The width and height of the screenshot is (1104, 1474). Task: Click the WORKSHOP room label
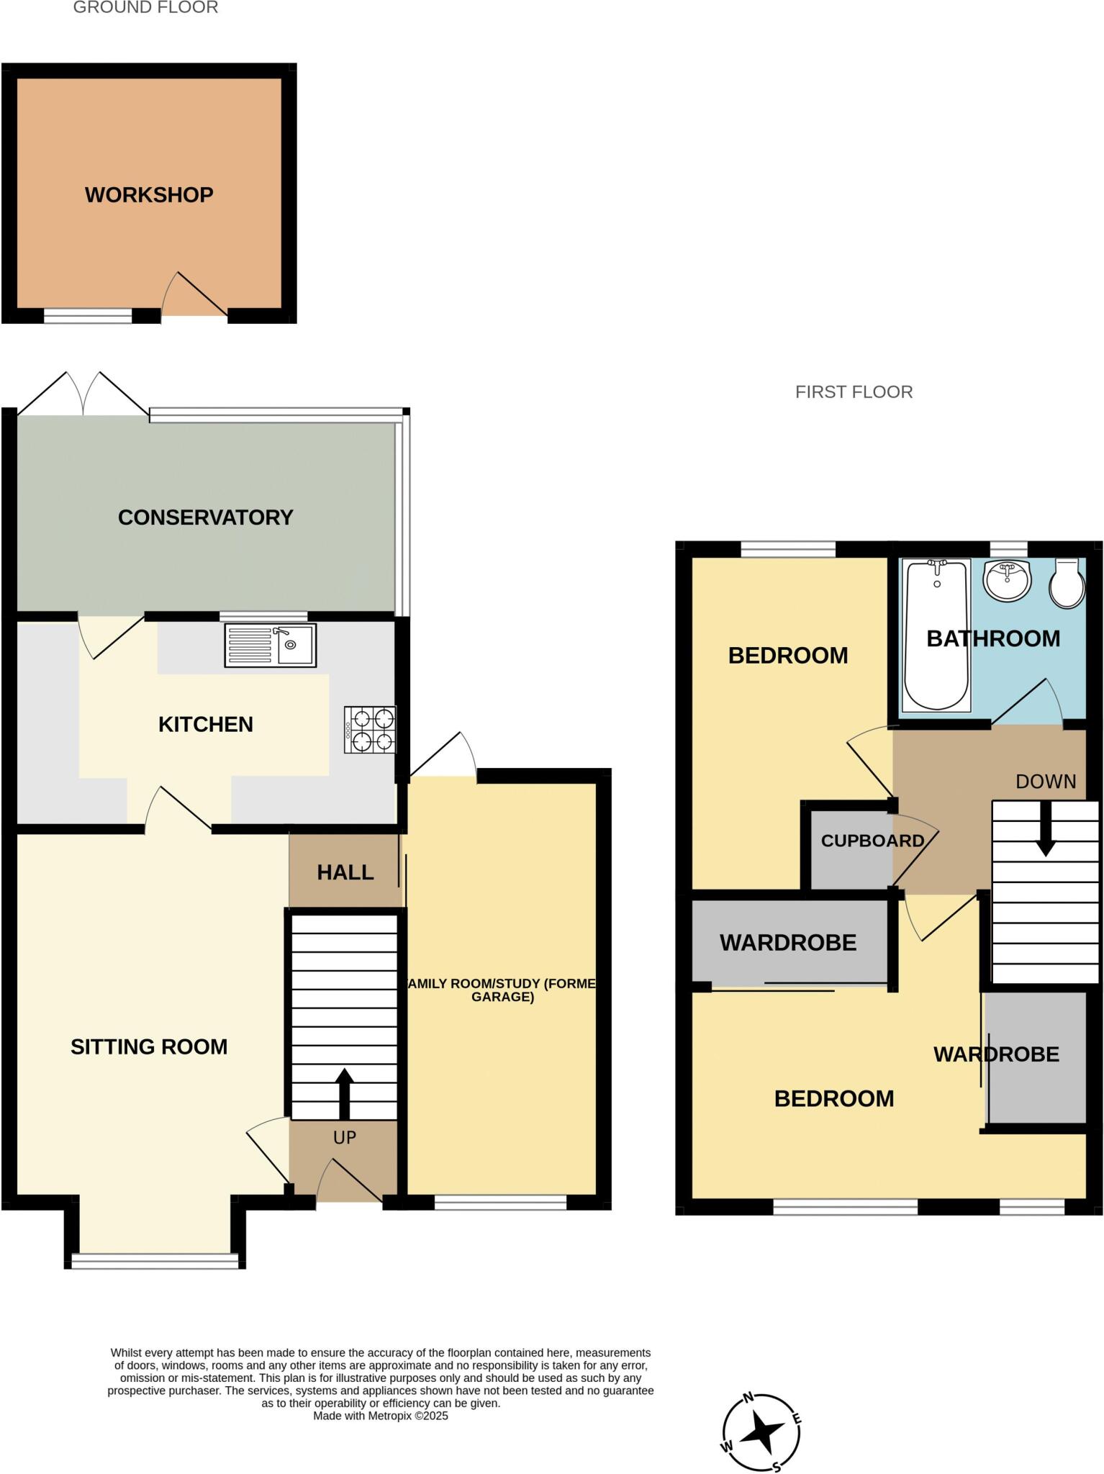click(x=149, y=195)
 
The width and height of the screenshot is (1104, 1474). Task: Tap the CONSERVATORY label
click(x=205, y=517)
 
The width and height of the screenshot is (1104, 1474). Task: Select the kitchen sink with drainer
click(x=270, y=645)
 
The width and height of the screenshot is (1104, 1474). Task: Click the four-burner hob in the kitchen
click(x=370, y=730)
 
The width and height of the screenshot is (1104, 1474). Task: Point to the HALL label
click(x=345, y=872)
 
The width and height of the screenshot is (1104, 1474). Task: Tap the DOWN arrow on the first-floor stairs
click(x=1045, y=828)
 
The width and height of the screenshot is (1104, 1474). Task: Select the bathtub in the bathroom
click(x=936, y=634)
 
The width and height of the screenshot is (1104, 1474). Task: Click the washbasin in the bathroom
click(x=1007, y=580)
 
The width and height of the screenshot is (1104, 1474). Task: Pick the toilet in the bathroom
click(x=1068, y=583)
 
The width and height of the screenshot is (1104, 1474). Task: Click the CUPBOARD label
click(x=872, y=841)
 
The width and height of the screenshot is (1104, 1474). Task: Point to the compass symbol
click(x=761, y=1434)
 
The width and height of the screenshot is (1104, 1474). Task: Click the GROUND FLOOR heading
click(x=145, y=8)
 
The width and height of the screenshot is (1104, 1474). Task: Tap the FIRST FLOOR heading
click(x=854, y=392)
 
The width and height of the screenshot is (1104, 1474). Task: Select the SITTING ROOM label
click(x=149, y=1046)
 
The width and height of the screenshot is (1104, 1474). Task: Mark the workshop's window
click(x=88, y=315)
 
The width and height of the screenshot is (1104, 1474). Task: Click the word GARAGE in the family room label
click(x=502, y=997)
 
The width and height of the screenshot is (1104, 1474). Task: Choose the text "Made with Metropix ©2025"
click(x=380, y=1416)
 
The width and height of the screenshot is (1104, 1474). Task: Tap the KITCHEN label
click(x=206, y=724)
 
